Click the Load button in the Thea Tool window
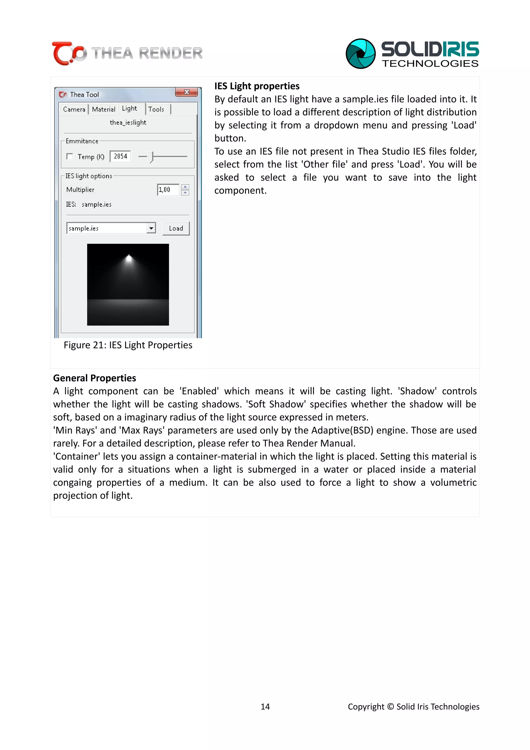point(176,228)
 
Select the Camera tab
point(74,109)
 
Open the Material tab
point(104,109)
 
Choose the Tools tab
point(156,109)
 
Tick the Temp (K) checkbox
point(70,157)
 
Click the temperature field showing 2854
point(120,157)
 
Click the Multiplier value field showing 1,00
point(168,189)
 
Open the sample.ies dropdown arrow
point(151,228)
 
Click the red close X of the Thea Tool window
point(187,92)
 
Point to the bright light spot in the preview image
point(129,259)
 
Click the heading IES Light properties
point(257,86)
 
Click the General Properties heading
point(94,378)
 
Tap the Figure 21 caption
point(128,345)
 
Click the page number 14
point(265,707)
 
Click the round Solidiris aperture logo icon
point(360,54)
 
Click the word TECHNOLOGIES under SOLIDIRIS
point(430,63)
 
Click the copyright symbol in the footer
point(390,707)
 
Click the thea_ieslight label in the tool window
point(128,122)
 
